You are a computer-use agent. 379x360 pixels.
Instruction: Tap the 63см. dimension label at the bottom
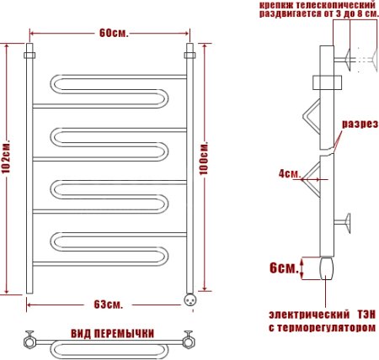pos(108,304)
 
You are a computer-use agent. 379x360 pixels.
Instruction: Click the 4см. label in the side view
pos(290,174)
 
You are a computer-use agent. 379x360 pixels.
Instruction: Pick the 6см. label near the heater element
pos(283,268)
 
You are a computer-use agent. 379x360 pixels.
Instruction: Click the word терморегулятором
pos(329,327)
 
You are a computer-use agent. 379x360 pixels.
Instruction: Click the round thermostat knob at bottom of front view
pos(190,296)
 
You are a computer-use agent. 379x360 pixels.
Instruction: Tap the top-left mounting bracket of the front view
pos(29,56)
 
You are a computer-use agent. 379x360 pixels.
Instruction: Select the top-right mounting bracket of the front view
pos(189,56)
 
